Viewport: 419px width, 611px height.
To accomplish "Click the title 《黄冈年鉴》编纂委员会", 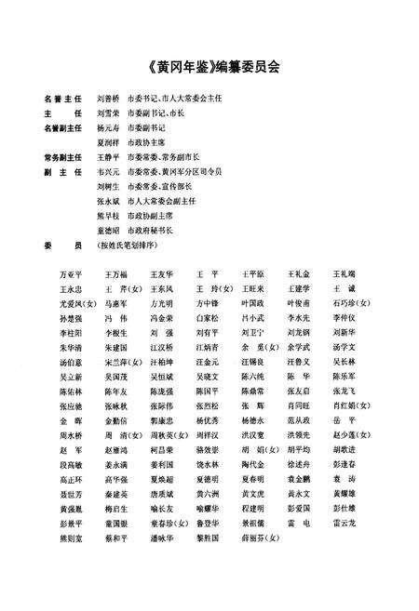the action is pyautogui.click(x=209, y=65).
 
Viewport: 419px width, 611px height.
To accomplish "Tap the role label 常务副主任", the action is pyautogui.click(x=63, y=158).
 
